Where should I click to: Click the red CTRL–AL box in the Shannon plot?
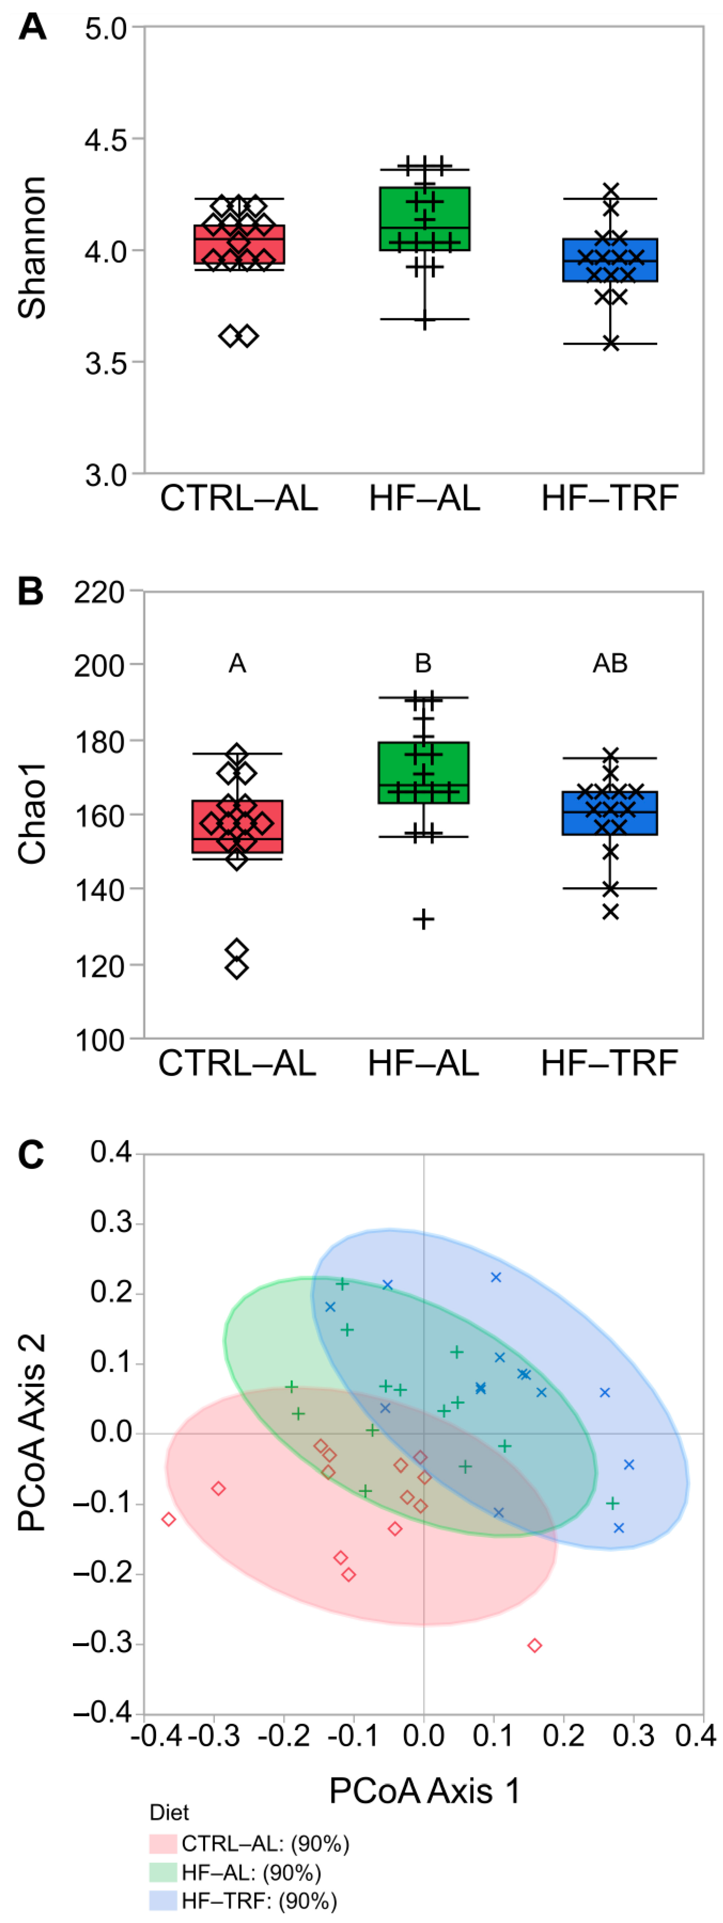(x=239, y=244)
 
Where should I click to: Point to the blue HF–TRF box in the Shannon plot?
(x=610, y=260)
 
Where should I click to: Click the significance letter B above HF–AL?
(x=423, y=663)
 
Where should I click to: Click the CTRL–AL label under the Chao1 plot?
(x=237, y=1063)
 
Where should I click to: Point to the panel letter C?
(x=31, y=1154)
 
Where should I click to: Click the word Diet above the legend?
(x=169, y=1813)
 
